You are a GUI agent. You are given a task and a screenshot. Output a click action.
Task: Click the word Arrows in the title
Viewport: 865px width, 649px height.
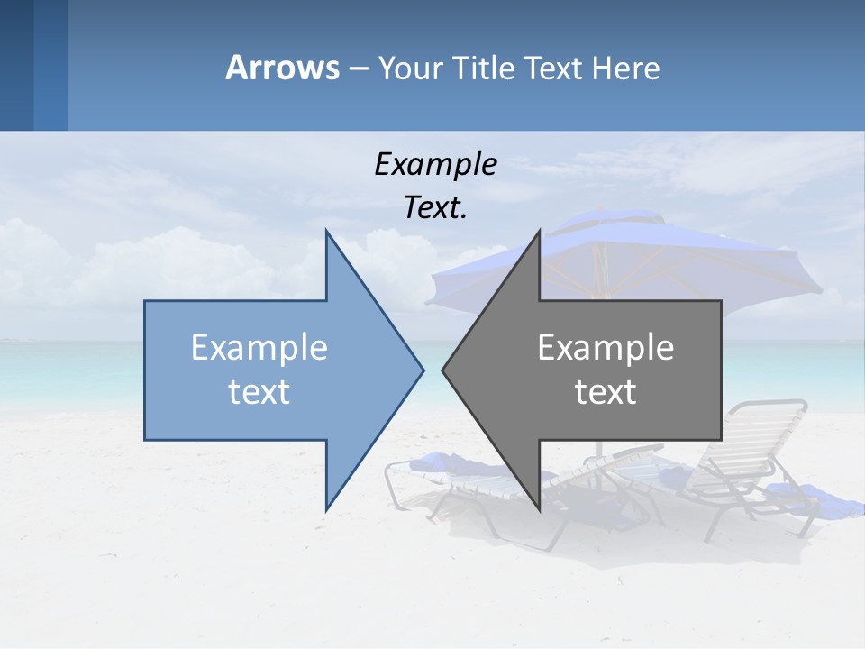[x=282, y=68]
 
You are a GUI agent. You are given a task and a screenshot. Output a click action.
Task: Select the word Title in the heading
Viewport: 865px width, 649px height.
[x=481, y=69]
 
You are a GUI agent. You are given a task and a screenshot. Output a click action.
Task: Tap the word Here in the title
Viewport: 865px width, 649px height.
[x=626, y=69]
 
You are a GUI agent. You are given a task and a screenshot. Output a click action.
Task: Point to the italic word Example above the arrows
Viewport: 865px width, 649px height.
[x=435, y=164]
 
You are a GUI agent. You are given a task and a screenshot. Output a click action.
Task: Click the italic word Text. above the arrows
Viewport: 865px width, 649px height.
[x=435, y=208]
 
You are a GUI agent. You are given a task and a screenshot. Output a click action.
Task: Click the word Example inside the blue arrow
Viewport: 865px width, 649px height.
[x=259, y=347]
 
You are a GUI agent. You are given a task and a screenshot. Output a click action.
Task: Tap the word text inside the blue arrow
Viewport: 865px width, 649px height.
[x=259, y=392]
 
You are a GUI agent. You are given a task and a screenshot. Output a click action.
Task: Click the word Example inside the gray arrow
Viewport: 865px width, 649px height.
[x=605, y=347]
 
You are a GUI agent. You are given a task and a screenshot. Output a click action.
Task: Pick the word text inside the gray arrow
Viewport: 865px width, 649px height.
[x=605, y=392]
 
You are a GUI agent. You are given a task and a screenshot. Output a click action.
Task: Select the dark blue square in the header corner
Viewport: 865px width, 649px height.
[x=16, y=65]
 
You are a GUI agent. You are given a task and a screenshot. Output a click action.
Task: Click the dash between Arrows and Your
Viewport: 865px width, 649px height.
[x=358, y=69]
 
